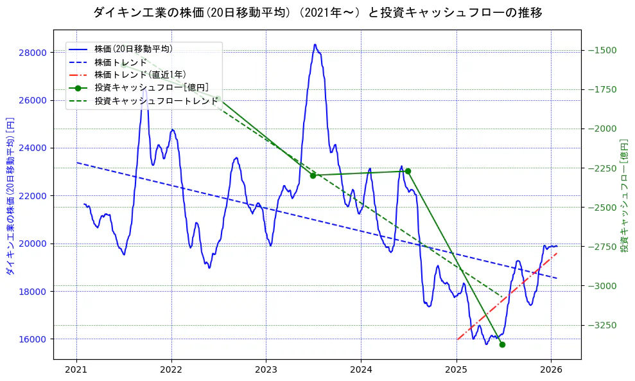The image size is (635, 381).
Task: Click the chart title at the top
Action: [x=317, y=12]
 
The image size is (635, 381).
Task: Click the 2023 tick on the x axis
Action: [x=266, y=370]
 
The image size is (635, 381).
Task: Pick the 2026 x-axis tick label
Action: [x=551, y=370]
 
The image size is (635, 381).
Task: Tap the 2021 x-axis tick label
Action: [x=76, y=370]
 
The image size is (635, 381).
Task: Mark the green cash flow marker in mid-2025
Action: [x=502, y=345]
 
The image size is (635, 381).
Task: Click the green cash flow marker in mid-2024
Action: [x=408, y=171]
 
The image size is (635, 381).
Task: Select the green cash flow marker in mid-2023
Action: [x=313, y=175]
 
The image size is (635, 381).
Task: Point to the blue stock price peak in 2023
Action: [x=315, y=45]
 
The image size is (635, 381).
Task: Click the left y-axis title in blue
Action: [x=10, y=196]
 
